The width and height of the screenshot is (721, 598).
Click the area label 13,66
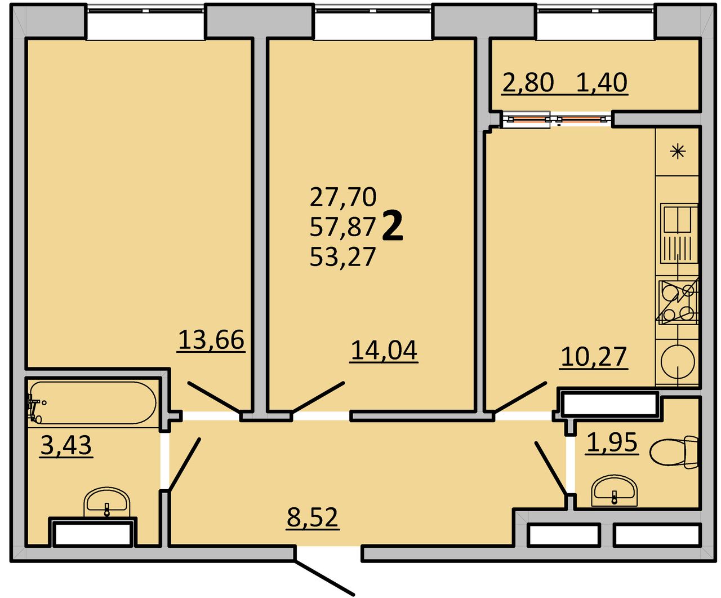click(x=211, y=340)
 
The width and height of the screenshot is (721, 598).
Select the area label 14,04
click(x=384, y=351)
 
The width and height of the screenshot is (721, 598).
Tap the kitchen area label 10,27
click(x=594, y=357)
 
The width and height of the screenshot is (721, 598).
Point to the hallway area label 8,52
click(x=313, y=517)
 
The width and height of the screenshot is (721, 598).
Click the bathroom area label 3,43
click(x=66, y=445)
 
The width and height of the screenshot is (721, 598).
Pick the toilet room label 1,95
click(x=612, y=442)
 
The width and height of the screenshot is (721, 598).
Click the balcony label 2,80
click(x=528, y=82)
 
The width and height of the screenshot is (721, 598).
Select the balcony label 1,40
click(x=602, y=82)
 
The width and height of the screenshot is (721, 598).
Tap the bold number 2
click(x=393, y=226)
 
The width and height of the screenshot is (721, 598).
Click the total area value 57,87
click(x=342, y=227)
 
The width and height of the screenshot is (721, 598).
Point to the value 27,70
click(x=342, y=197)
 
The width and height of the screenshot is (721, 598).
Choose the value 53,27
click(x=342, y=257)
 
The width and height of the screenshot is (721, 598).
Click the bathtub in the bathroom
click(x=92, y=402)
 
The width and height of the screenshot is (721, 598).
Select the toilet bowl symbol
click(x=673, y=452)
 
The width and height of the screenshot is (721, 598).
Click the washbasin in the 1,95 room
click(x=615, y=490)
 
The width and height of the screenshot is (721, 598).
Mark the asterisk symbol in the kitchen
click(x=678, y=151)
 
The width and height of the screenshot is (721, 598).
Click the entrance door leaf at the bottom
click(x=324, y=578)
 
